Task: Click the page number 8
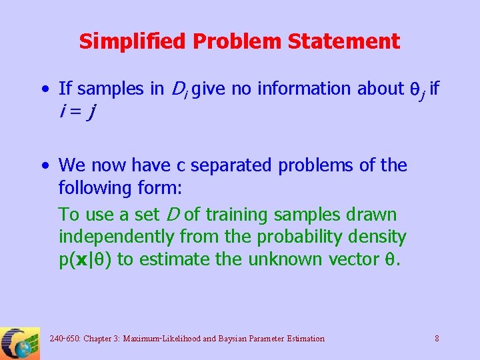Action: pyautogui.click(x=437, y=339)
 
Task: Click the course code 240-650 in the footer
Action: pyautogui.click(x=64, y=339)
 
